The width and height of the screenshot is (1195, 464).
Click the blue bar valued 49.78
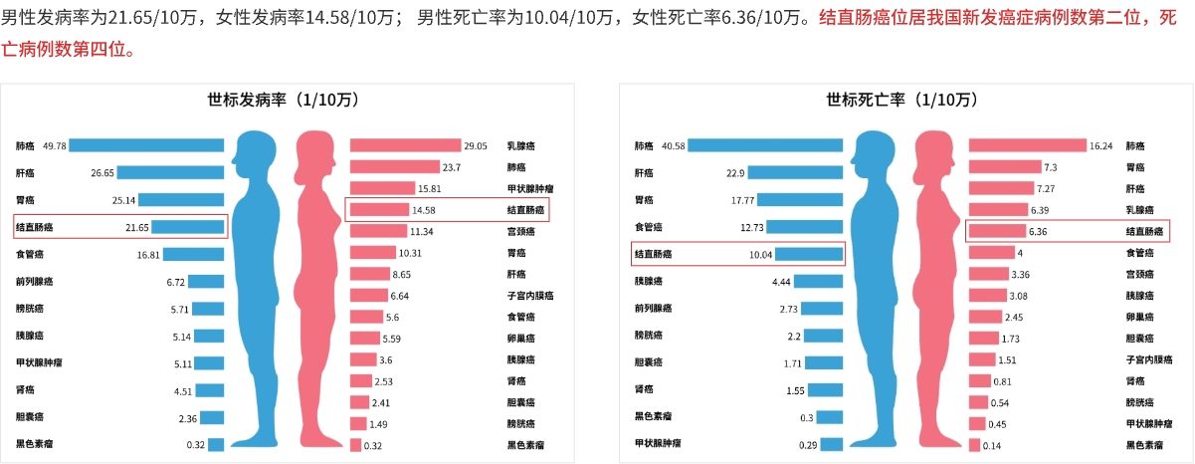click(x=146, y=145)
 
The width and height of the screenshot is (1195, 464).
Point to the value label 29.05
click(x=476, y=145)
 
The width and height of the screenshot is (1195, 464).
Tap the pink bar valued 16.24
click(x=1027, y=145)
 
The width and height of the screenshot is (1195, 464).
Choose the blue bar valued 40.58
click(x=765, y=145)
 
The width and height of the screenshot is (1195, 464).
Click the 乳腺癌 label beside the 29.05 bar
click(x=523, y=145)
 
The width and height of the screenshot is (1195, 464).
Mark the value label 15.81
click(x=430, y=188)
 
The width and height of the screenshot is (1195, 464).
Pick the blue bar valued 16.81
click(x=194, y=254)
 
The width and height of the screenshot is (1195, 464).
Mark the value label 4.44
click(x=781, y=282)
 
